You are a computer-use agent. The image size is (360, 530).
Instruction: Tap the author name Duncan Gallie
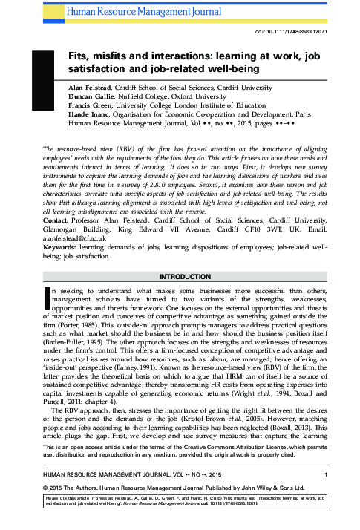(79, 95)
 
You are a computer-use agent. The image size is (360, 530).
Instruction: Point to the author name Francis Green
(76, 105)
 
